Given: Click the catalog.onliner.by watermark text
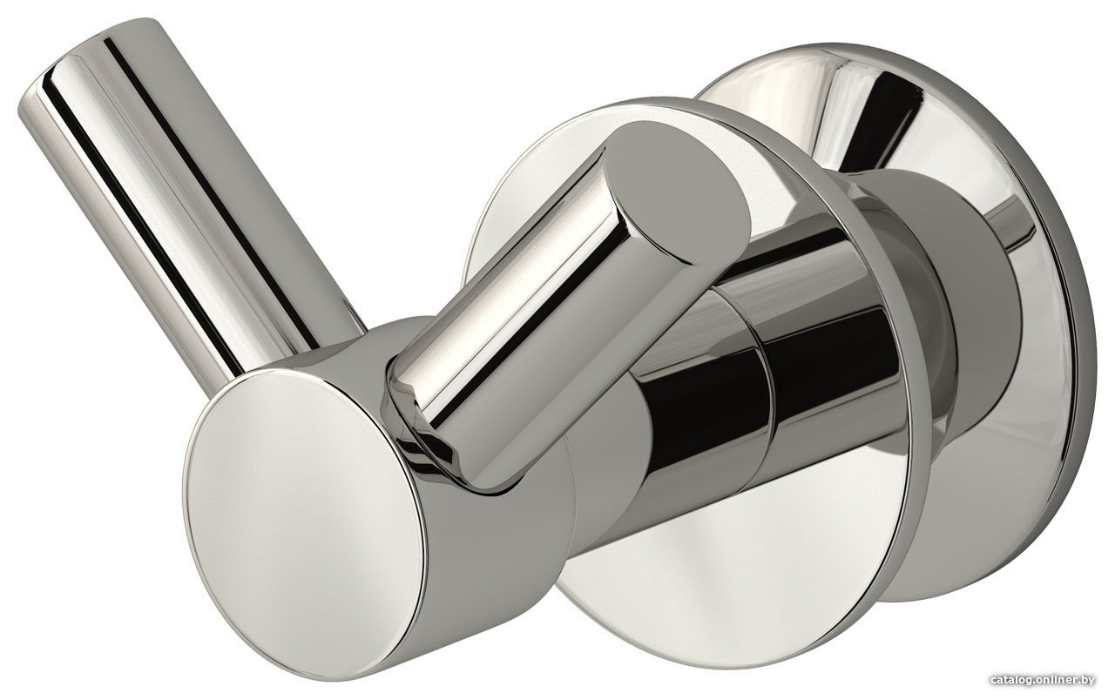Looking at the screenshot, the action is tap(1044, 680).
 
